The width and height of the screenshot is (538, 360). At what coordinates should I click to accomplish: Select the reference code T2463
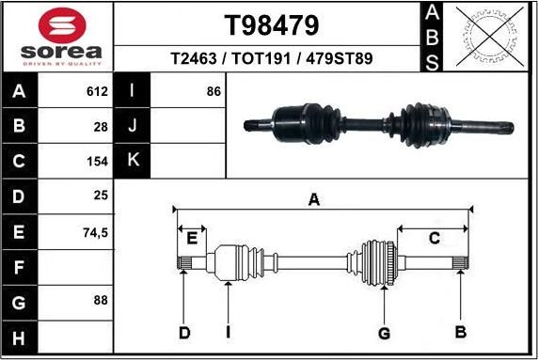[190, 58]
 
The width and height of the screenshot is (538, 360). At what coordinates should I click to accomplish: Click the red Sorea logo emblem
[58, 25]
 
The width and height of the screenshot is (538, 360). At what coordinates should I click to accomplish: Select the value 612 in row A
[98, 92]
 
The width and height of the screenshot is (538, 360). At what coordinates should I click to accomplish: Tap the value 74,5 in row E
[97, 230]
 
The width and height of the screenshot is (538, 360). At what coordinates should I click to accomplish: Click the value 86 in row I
[213, 92]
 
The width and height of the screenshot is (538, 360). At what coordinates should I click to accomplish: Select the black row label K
[133, 161]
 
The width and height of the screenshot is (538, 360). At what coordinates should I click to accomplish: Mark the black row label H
[20, 336]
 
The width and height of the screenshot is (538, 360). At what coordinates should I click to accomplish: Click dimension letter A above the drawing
[314, 199]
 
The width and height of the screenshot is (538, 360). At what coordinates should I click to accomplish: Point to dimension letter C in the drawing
[434, 239]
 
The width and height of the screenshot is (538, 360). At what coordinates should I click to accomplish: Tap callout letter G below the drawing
[384, 333]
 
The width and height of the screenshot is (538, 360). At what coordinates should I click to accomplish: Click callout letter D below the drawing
[185, 333]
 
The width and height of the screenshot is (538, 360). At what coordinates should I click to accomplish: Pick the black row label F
[20, 266]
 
